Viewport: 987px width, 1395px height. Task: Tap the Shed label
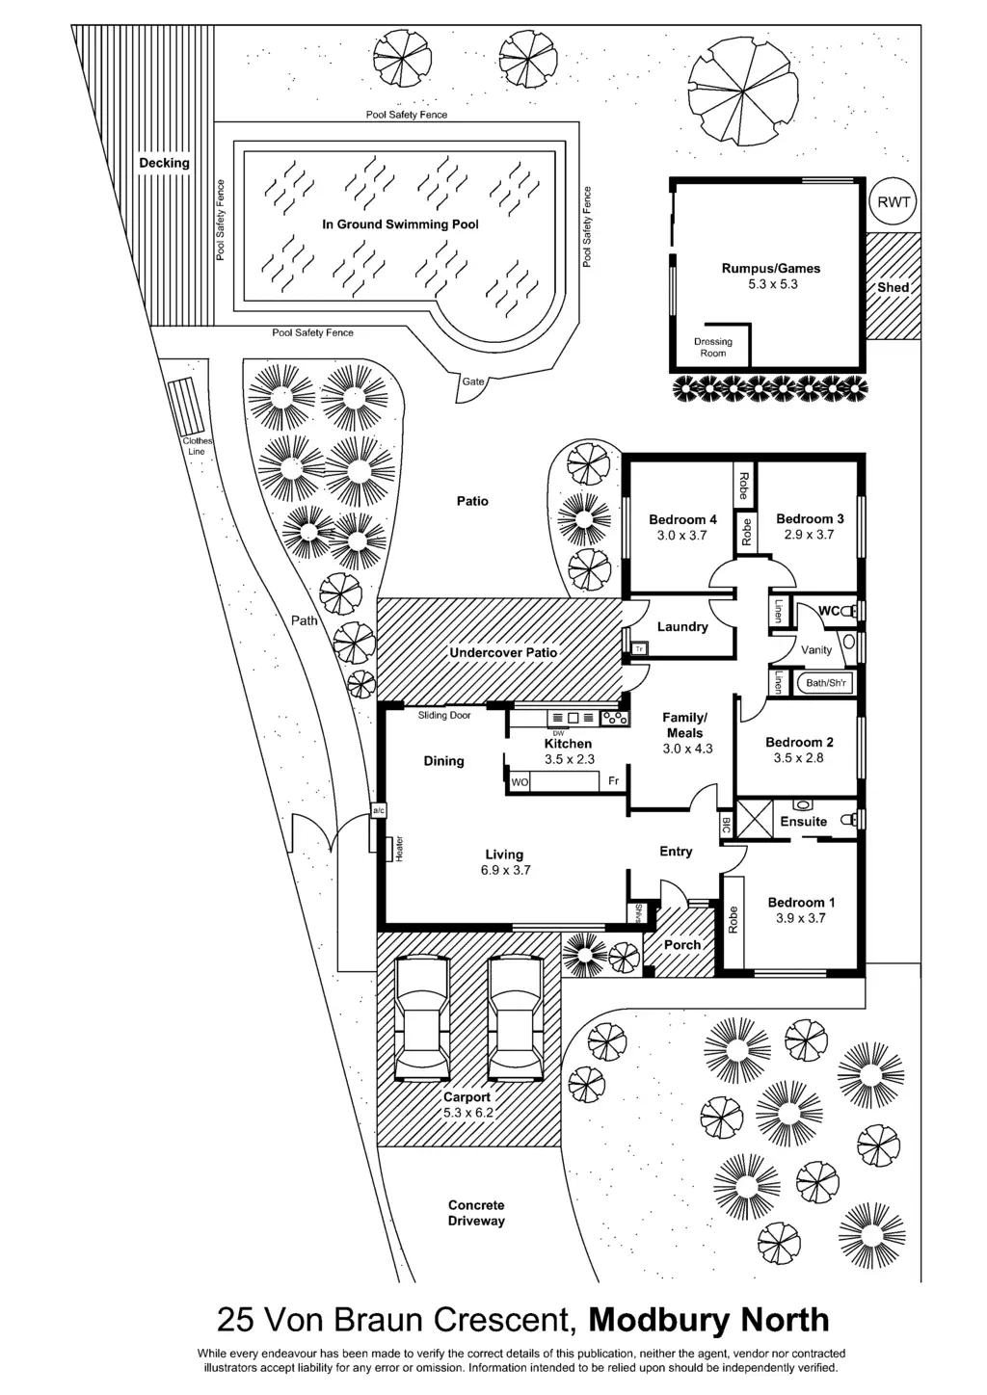pyautogui.click(x=893, y=287)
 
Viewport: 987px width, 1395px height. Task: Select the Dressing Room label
pyautogui.click(x=713, y=347)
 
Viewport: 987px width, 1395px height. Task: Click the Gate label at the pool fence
pyautogui.click(x=473, y=382)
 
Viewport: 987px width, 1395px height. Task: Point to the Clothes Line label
pyautogui.click(x=198, y=446)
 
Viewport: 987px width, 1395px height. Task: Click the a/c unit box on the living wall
pyautogui.click(x=378, y=811)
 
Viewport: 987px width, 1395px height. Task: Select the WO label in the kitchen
pyautogui.click(x=520, y=782)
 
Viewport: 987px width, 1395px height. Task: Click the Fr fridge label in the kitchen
pyautogui.click(x=613, y=781)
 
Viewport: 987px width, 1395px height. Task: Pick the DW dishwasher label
pyautogui.click(x=558, y=733)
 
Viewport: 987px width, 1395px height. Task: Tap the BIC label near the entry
pyautogui.click(x=726, y=826)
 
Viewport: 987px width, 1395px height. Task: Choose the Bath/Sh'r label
pyautogui.click(x=826, y=684)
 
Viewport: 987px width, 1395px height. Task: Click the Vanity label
pyautogui.click(x=816, y=650)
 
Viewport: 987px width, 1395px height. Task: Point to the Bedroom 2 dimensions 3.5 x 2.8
pyautogui.click(x=800, y=758)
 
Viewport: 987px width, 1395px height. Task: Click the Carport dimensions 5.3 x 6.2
pyautogui.click(x=467, y=1113)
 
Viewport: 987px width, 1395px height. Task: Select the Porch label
pyautogui.click(x=682, y=944)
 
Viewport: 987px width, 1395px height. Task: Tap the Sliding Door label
pyautogui.click(x=444, y=716)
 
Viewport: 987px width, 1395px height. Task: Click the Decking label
pyautogui.click(x=164, y=163)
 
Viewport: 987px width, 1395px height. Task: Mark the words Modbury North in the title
pyautogui.click(x=708, y=1319)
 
